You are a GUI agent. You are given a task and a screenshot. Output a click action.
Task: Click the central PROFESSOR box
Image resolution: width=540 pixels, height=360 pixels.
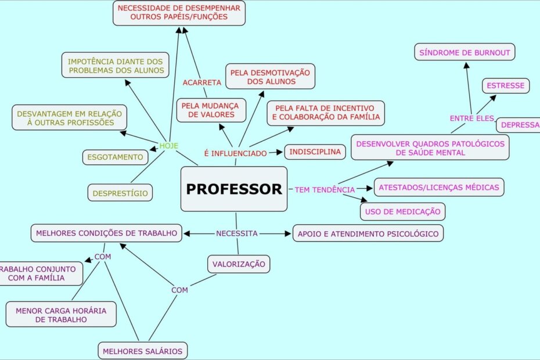pos(234,189)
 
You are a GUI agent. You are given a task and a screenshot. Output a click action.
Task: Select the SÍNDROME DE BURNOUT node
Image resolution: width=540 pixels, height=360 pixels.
pos(465,53)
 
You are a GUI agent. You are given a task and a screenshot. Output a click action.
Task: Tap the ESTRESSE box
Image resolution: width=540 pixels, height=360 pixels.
pos(506,85)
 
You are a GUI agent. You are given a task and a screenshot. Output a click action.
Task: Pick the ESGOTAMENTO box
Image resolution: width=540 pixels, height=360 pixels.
pos(115,157)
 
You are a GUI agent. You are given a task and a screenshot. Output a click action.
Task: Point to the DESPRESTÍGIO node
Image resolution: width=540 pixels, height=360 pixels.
pos(120,193)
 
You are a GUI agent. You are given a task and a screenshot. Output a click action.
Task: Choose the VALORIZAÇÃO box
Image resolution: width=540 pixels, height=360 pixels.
pos(239,264)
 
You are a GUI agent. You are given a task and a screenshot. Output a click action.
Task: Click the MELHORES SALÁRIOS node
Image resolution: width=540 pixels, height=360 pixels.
pos(142,351)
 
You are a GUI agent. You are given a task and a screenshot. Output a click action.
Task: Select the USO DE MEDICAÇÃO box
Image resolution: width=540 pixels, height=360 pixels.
pos(402,211)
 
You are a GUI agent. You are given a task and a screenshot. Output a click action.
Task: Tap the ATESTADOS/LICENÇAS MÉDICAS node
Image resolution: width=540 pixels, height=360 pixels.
pos(438,187)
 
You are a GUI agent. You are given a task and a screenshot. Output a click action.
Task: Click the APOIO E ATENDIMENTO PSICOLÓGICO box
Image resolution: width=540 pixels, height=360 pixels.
pos(368,233)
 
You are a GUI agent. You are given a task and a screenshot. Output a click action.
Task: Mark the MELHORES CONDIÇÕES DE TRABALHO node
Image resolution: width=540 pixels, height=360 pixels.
pos(106,233)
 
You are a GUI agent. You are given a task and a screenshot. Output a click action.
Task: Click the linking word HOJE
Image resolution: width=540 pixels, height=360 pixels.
pos(169,146)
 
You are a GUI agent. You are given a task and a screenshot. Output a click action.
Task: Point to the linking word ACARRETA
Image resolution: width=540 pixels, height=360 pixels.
pos(202,82)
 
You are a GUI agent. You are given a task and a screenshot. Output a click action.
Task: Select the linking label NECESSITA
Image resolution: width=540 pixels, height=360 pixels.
pos(236,233)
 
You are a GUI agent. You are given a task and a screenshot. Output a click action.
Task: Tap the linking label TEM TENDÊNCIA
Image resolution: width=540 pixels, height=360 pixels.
pos(325,189)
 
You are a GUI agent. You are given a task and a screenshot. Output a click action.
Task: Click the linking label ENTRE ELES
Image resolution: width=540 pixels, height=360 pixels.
pos(471,118)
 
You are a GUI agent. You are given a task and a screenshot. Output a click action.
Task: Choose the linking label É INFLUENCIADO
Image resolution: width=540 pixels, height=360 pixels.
pos(235,153)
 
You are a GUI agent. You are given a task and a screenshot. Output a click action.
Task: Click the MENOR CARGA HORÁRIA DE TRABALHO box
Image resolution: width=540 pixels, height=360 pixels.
pos(61,315)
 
